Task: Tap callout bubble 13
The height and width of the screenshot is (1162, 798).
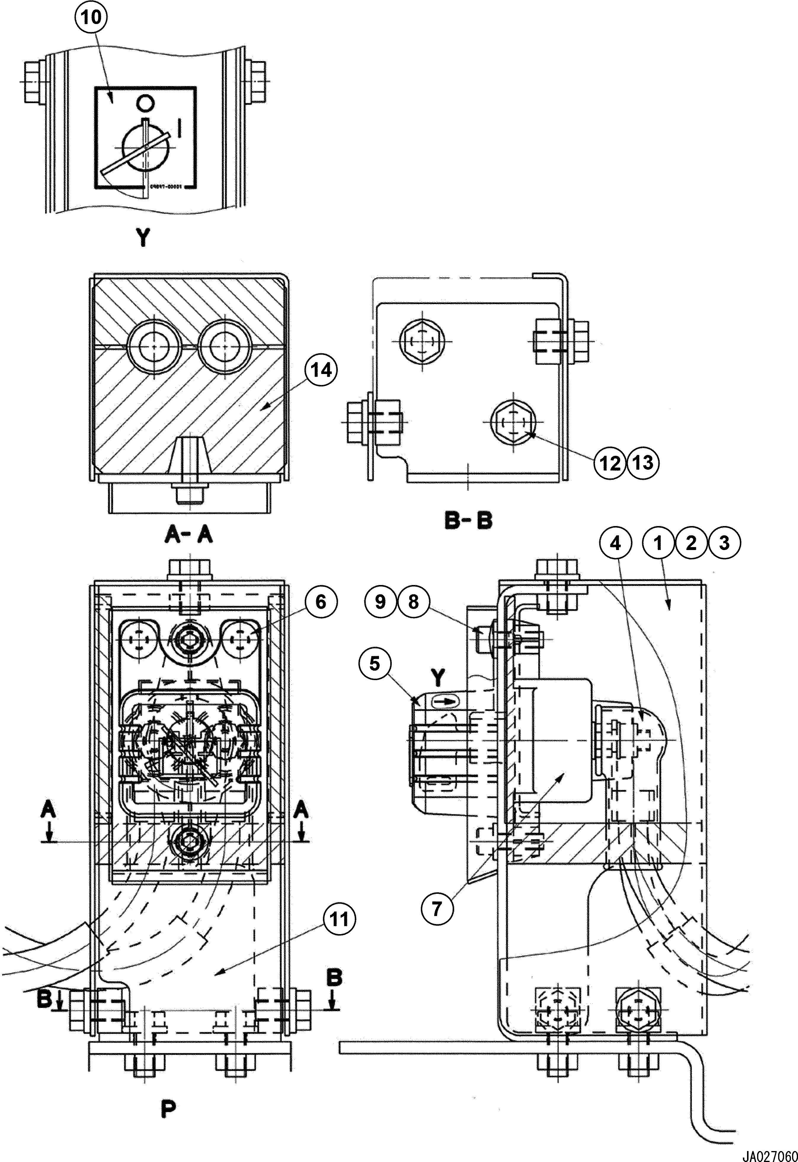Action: [643, 463]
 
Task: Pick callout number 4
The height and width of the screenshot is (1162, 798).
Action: [616, 543]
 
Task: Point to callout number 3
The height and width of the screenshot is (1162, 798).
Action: [724, 543]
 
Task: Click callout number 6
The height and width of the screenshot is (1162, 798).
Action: [320, 602]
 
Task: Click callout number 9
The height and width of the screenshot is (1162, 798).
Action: [380, 602]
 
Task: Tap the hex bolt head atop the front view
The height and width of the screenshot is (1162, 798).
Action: [191, 568]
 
